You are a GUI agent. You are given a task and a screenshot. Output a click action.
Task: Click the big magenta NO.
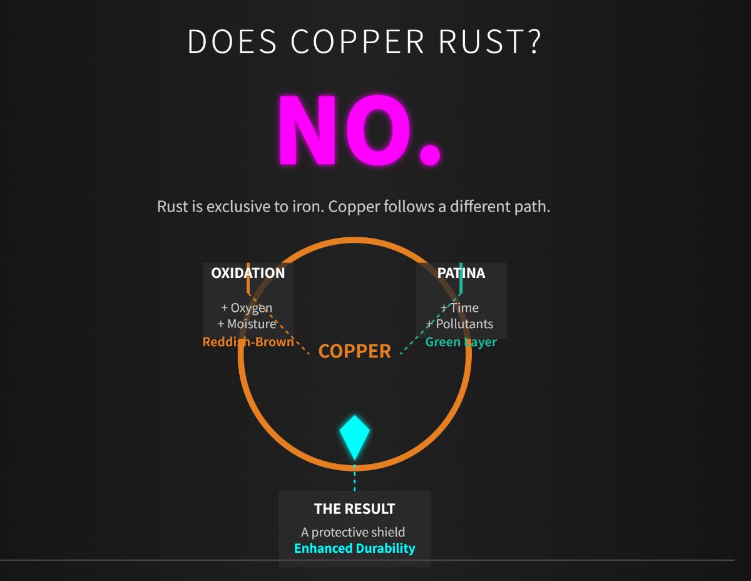point(359,130)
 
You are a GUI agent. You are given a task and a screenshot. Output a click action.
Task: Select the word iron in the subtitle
point(306,206)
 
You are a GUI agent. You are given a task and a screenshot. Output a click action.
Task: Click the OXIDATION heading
point(248,273)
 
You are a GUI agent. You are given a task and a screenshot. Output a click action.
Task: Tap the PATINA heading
point(461,273)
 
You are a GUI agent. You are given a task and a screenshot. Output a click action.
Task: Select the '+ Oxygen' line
point(247,307)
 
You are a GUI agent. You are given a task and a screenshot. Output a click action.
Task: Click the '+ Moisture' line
point(247,324)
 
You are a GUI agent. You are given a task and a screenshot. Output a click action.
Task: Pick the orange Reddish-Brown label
point(248,342)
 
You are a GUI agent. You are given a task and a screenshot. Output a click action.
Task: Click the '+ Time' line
point(460,307)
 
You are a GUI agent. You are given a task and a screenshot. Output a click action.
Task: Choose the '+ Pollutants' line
point(460,324)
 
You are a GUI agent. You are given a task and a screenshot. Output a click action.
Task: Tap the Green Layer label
point(461,342)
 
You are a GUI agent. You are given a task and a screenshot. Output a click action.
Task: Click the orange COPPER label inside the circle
point(355,351)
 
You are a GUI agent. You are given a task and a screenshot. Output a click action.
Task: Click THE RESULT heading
point(354,508)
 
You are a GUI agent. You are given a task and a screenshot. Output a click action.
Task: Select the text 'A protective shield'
point(353,532)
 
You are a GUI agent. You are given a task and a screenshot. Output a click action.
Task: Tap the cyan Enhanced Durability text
point(354,548)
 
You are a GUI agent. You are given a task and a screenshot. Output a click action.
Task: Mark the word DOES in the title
point(232,41)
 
